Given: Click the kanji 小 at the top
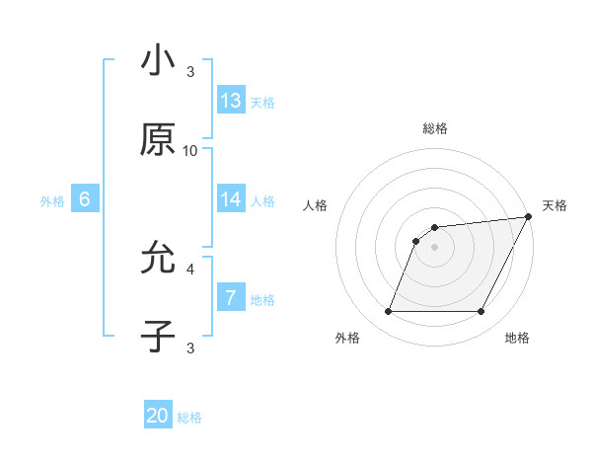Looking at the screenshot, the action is [x=158, y=62].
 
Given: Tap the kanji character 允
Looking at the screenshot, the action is [x=158, y=260].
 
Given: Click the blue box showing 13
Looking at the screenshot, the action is [x=231, y=100].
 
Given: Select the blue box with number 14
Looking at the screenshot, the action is [x=231, y=198].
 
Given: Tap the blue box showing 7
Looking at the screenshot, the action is [x=231, y=297].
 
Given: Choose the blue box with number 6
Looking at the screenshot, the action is [x=85, y=198].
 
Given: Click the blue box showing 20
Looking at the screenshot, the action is [x=158, y=416].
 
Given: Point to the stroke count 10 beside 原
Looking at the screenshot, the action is [x=190, y=150].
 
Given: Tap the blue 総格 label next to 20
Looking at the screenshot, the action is [x=189, y=418].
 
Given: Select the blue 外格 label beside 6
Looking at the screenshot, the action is [x=52, y=200].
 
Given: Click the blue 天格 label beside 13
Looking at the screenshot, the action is [x=262, y=102].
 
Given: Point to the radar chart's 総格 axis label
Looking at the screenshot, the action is [x=434, y=128].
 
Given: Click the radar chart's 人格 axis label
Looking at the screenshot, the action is [x=316, y=205].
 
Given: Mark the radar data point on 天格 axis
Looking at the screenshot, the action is [x=528, y=216].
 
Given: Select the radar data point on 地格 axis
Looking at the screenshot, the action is [x=481, y=312].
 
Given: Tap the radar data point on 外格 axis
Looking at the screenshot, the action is [x=388, y=312].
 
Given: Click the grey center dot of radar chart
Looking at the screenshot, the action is [x=434, y=247].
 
